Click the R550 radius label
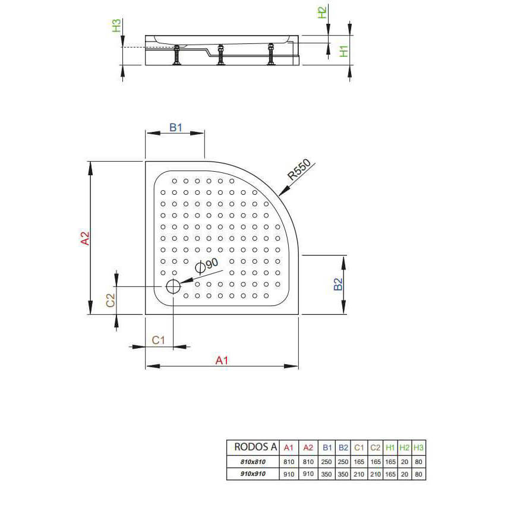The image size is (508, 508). pos(299,170)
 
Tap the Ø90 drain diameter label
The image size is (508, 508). pos(207,266)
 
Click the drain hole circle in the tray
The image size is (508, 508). pos(173,286)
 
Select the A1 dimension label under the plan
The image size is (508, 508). pos(222,360)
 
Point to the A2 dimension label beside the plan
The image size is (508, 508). pos(85,238)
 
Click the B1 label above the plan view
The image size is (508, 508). pos(176,127)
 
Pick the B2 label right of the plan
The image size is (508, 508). pos(338,284)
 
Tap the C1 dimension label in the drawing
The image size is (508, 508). pos(159,340)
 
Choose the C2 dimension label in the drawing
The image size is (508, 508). pos(111,300)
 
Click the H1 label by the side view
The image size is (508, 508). pos(343,51)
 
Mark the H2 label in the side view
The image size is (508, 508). pos(322,12)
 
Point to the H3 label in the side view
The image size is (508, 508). pos(116,26)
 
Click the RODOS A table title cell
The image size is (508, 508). pos(255,447)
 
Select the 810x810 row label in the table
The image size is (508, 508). pos(253,462)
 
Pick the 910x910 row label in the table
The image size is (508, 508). pos(253,474)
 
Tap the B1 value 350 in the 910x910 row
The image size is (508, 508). pos(326,474)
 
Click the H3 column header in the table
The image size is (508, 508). pos(419,447)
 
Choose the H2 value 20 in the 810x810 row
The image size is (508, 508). pos(405,462)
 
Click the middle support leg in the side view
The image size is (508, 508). pos(220,55)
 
